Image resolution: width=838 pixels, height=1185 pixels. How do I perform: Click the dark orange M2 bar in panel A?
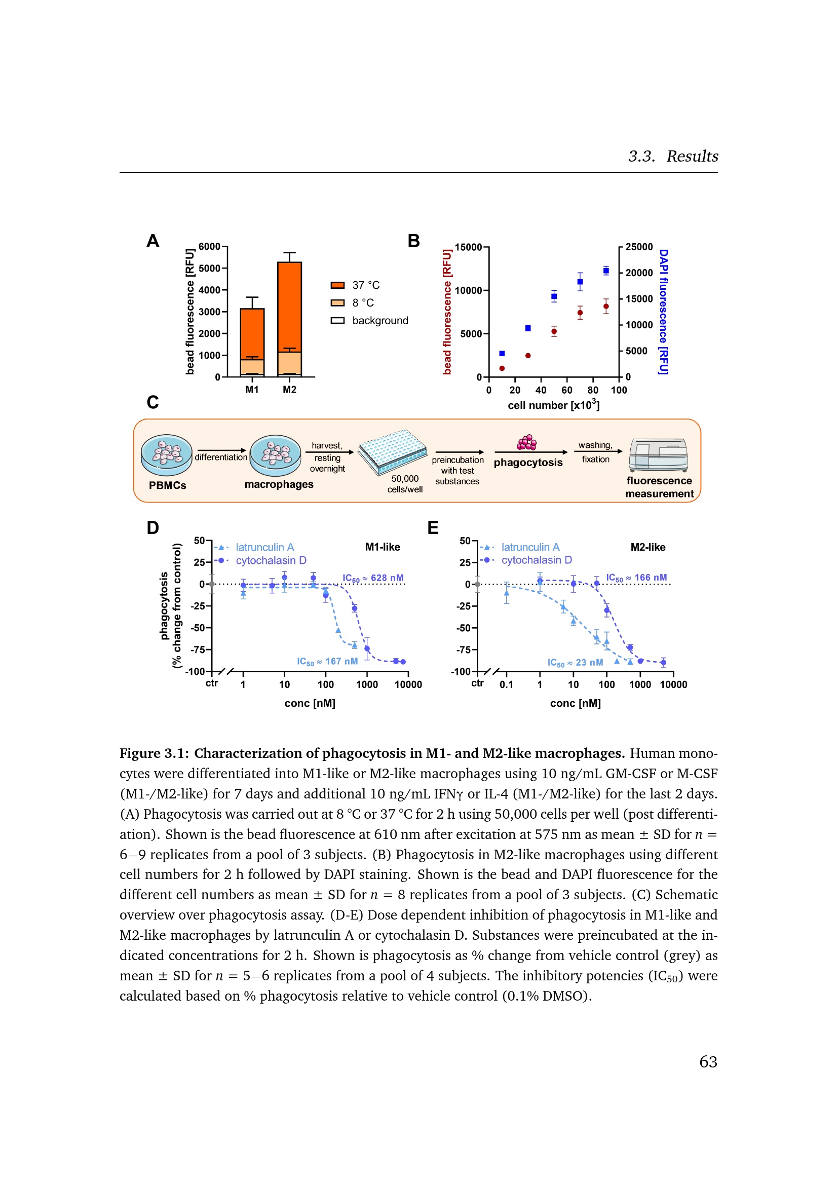pos(289,307)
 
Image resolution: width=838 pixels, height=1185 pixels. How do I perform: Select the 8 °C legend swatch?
pos(337,303)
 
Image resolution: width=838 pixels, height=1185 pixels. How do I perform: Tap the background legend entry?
pos(369,321)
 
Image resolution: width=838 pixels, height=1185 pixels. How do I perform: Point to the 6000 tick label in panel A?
pos(210,247)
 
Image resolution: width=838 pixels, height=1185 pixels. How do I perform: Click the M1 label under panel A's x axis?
pos(252,390)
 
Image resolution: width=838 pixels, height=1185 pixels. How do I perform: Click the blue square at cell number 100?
pos(606,271)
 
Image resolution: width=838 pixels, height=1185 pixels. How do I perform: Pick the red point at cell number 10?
pos(502,368)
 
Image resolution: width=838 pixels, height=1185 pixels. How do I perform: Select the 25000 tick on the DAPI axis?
pos(639,247)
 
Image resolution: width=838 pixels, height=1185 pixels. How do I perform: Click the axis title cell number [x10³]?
pos(554,405)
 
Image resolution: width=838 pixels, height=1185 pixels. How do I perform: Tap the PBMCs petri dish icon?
pos(167,454)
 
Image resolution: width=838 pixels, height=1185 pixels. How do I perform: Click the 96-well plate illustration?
pos(393,451)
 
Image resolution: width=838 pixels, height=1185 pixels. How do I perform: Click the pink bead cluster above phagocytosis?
pos(527,443)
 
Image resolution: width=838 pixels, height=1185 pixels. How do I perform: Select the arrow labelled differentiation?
pos(222,450)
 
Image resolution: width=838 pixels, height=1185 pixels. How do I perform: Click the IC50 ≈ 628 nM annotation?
pos(373,578)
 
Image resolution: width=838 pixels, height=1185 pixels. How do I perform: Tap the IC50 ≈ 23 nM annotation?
pos(576,663)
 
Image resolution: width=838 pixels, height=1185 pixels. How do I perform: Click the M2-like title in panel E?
pos(648,547)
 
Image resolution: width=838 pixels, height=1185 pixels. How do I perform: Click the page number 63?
pos(708,1062)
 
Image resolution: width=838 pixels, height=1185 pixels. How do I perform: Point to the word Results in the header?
pos(693,156)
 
